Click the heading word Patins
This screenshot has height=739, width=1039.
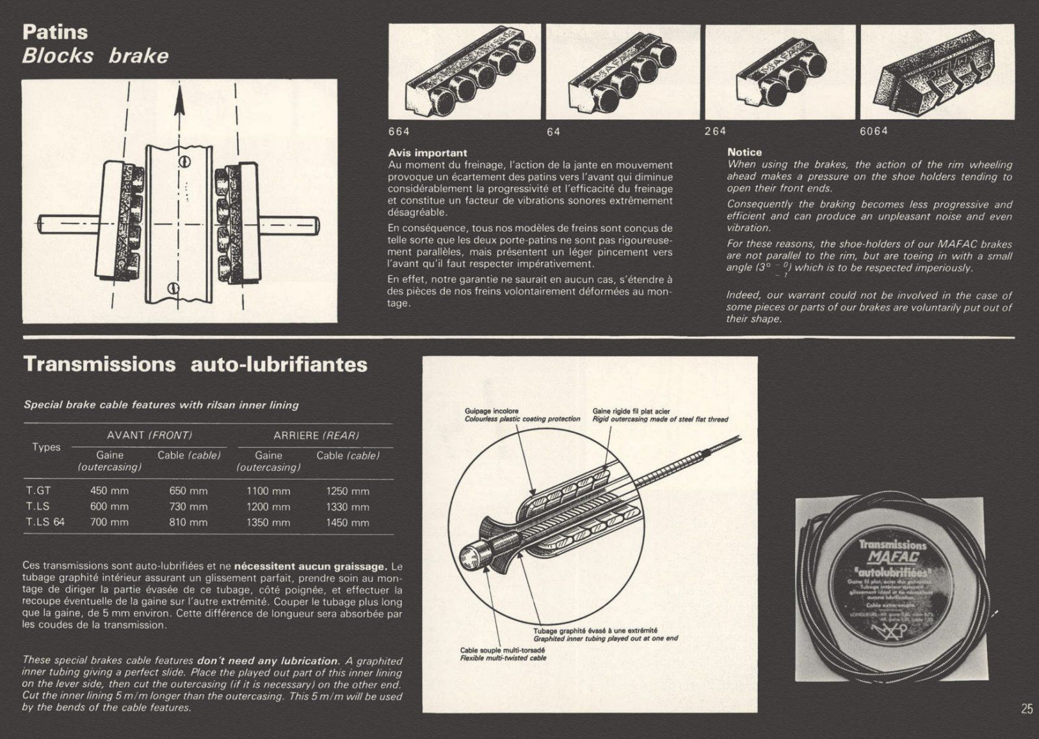click(55, 32)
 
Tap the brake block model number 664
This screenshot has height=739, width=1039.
click(399, 131)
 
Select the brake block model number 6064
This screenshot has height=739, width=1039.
click(873, 131)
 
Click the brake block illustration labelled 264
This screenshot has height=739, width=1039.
click(781, 72)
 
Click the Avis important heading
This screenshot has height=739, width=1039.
click(427, 153)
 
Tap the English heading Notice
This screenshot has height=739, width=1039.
click(744, 152)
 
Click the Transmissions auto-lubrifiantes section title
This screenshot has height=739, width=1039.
click(195, 364)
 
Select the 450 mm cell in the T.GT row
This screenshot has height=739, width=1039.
click(109, 491)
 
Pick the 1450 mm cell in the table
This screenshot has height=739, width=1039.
click(347, 522)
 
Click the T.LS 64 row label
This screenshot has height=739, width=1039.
click(45, 521)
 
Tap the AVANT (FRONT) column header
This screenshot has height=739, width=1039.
click(149, 435)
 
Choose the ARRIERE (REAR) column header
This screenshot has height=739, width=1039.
click(316, 435)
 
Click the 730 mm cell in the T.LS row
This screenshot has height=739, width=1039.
click(188, 507)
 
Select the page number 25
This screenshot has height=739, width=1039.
click(1027, 708)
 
